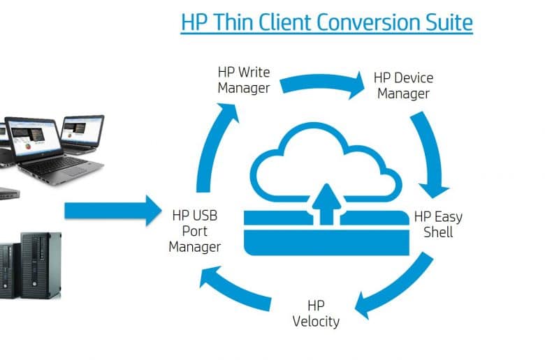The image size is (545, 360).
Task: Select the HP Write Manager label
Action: coord(244,80)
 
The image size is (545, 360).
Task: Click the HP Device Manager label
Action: coord(404,86)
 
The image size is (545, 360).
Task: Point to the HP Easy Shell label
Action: coord(438,224)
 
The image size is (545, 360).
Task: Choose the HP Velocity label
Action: coord(316,313)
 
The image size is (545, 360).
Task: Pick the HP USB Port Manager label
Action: coord(195,231)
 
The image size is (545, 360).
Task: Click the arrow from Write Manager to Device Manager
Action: coord(321,82)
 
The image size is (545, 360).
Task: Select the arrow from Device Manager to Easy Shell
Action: coord(431,153)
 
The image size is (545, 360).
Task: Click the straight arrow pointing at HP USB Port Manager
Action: coord(113,211)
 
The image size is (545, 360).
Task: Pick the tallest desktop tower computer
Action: coord(41,266)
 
